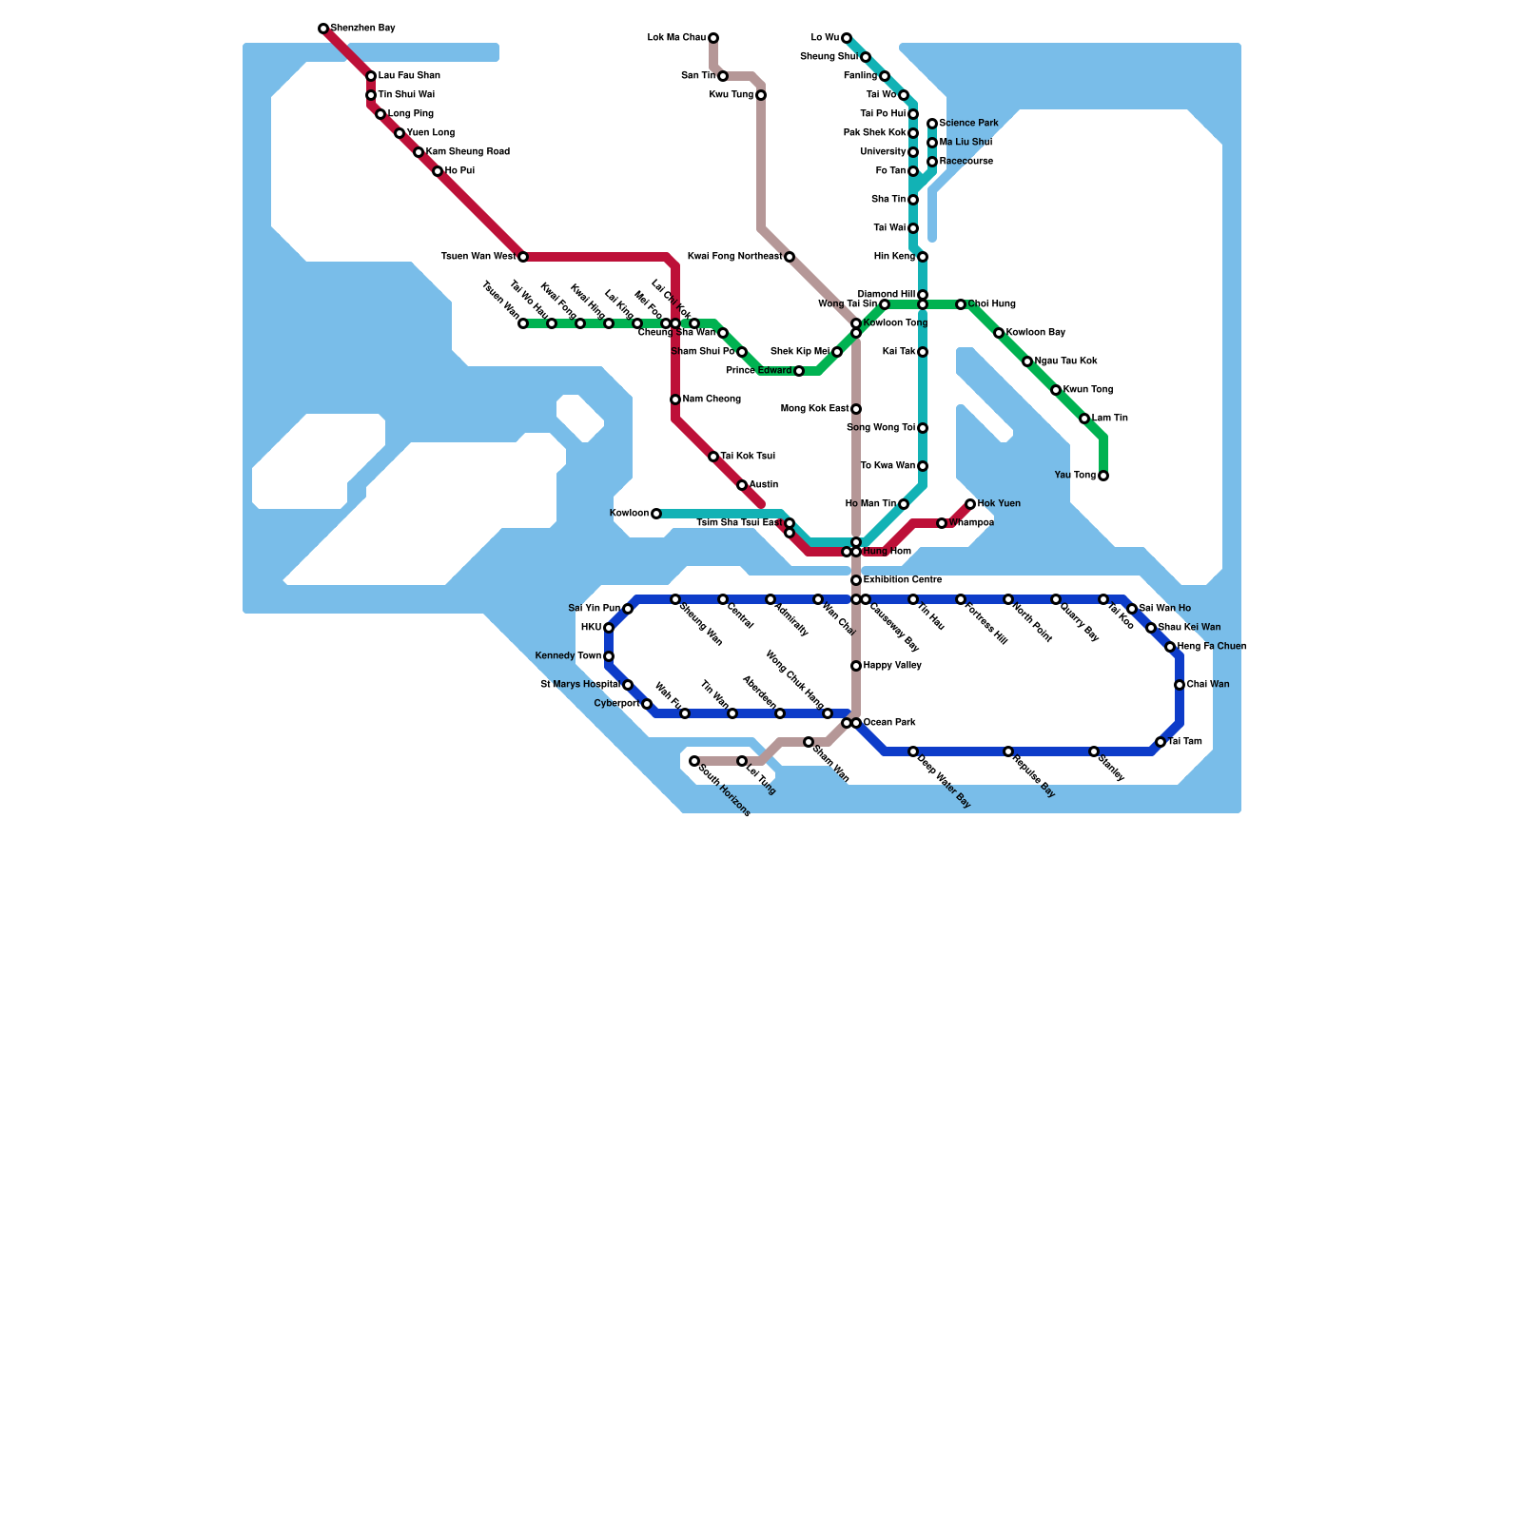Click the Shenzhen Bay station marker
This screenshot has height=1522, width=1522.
[x=323, y=29]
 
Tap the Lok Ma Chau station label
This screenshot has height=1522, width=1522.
[x=676, y=38]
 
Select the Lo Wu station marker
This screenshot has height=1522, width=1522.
[x=847, y=38]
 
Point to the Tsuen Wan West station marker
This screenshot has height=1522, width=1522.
[x=523, y=257]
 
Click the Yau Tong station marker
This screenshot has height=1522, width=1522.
[x=1103, y=476]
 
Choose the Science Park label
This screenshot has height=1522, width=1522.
[x=968, y=124]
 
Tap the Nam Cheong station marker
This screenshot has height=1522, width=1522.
[x=675, y=400]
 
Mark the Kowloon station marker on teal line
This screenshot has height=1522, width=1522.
[x=656, y=514]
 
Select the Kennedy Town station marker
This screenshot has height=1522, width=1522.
[x=609, y=656]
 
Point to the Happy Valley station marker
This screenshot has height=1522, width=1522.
[x=856, y=666]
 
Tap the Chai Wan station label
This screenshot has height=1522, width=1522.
[x=1208, y=685]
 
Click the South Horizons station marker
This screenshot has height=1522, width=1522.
[x=694, y=761]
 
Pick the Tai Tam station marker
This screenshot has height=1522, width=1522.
[x=1161, y=742]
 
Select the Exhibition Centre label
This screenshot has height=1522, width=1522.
[x=903, y=580]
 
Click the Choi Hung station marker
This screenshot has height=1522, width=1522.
[x=961, y=304]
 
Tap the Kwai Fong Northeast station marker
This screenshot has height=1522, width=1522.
[x=790, y=257]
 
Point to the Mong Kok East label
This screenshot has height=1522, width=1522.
[x=814, y=409]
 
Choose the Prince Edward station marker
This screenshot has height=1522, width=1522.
[x=799, y=371]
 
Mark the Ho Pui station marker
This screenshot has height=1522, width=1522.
[x=438, y=171]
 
